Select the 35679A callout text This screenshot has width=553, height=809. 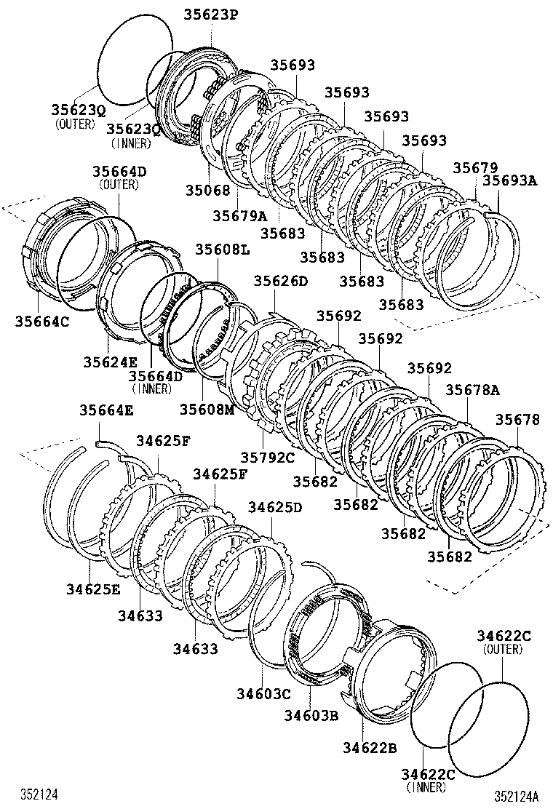coord(240,215)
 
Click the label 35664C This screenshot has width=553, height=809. coord(42,321)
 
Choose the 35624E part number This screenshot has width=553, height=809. coord(110,361)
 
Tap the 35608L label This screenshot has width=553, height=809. coord(222,250)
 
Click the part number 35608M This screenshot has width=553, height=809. coord(207,409)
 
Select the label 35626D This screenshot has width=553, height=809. coord(281,281)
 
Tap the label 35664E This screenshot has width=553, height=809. coord(106,410)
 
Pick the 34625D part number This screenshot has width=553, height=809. coord(275,506)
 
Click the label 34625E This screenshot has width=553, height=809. coord(92,589)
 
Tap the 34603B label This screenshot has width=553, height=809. coord(311,716)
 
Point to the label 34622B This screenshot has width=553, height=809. coord(370,747)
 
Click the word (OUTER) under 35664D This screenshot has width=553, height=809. coord(119,184)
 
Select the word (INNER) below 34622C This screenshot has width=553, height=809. coord(427,787)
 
